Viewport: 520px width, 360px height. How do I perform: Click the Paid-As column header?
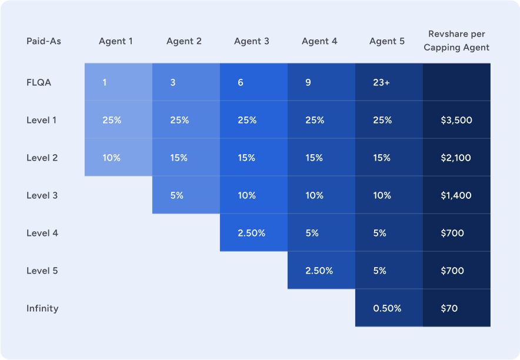tap(44, 41)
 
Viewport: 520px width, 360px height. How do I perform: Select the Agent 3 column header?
tap(252, 41)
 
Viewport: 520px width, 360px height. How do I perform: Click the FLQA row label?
tap(39, 82)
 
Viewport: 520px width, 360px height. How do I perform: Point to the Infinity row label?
tap(42, 308)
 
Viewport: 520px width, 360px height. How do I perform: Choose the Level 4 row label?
tap(42, 233)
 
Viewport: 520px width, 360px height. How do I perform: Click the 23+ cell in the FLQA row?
tap(381, 82)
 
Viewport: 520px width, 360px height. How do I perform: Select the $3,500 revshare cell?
tap(456, 120)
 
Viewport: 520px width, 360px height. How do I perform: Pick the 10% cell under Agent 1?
tap(112, 158)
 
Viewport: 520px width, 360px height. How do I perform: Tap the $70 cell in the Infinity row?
tap(449, 308)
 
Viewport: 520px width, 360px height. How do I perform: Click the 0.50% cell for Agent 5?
tap(387, 308)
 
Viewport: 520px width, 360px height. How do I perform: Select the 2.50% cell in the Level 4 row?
tap(251, 233)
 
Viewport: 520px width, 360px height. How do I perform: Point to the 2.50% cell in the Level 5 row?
tap(319, 271)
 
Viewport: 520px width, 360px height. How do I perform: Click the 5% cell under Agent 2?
tap(176, 195)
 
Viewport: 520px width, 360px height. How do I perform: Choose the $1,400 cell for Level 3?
tap(456, 195)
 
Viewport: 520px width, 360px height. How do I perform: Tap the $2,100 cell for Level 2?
tap(456, 158)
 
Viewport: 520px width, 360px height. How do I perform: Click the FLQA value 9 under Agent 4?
tap(308, 82)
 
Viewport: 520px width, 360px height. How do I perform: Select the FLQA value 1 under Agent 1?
tap(105, 82)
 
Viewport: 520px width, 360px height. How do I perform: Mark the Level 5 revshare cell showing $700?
tap(452, 271)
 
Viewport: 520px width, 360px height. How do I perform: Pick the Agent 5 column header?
tap(387, 41)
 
